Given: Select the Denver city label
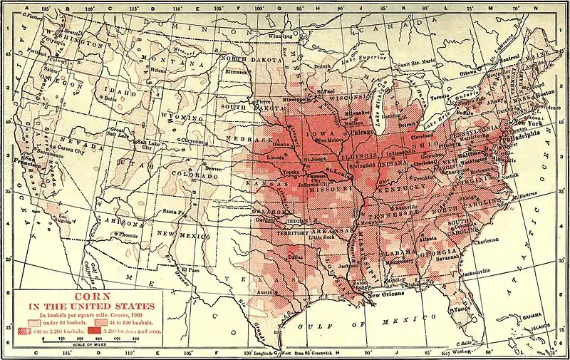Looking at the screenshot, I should (214, 168).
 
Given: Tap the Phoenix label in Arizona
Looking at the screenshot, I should (128, 234).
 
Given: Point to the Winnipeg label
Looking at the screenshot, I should (279, 35).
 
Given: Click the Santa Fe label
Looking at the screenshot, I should (173, 212).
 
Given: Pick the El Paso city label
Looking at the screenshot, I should (190, 269).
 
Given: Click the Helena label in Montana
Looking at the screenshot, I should (158, 71).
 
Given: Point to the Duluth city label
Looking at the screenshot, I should (324, 67).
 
